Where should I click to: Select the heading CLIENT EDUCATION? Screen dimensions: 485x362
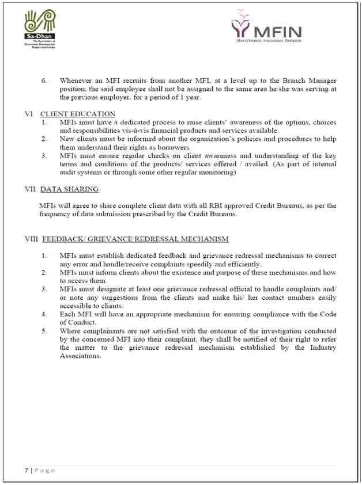point(78,114)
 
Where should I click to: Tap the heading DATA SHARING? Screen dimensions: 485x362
point(69,189)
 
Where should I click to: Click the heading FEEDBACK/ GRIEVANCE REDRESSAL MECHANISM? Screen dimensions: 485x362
point(135,239)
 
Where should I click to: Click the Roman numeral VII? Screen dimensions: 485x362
point(31,189)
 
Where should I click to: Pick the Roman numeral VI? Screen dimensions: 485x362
point(29,114)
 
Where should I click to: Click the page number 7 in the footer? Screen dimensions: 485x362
point(27,470)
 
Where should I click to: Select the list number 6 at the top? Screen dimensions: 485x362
point(44,81)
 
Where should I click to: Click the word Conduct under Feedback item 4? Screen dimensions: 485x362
point(76,323)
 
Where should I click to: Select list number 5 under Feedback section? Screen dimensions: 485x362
point(44,331)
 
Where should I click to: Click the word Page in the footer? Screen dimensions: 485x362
point(44,470)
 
